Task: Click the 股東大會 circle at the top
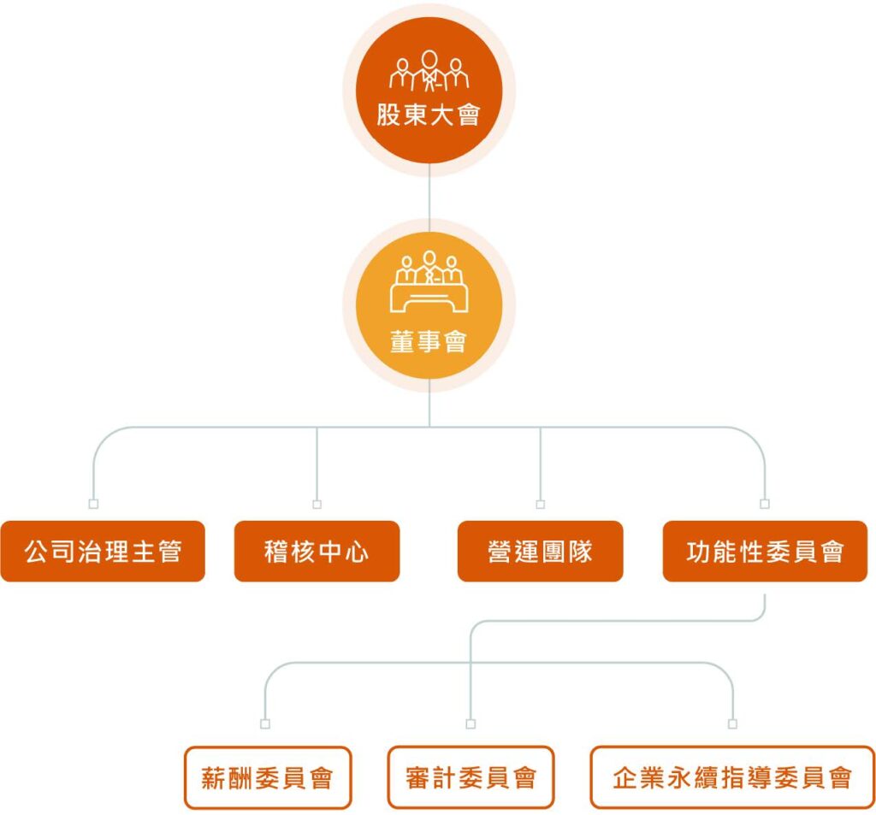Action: [x=429, y=92]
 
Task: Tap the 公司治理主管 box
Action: [x=103, y=552]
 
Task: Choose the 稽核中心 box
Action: [x=317, y=552]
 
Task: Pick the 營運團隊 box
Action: [x=540, y=552]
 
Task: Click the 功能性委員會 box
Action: [x=765, y=552]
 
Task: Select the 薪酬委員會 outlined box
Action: [x=267, y=777]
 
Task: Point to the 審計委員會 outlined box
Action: [x=471, y=777]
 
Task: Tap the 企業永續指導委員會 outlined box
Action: [x=732, y=777]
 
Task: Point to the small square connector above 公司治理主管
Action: [x=94, y=504]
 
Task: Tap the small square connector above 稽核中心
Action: [x=317, y=504]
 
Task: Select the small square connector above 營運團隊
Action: [x=540, y=504]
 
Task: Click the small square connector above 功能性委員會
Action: [x=765, y=504]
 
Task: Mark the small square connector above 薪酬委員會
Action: [x=265, y=724]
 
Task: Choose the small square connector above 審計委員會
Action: [x=471, y=724]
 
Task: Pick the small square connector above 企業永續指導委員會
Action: [x=732, y=724]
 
